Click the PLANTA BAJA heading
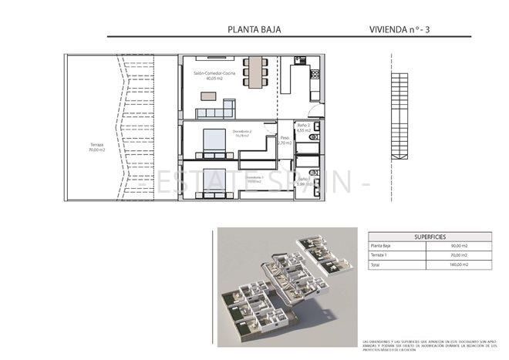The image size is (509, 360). click(254, 29)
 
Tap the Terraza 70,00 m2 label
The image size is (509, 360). click(96, 147)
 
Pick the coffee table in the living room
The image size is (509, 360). click(208, 96)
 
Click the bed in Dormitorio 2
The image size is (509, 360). click(211, 140)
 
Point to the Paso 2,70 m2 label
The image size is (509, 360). click(285, 141)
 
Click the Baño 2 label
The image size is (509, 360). click(303, 127)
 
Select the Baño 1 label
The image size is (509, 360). click(303, 180)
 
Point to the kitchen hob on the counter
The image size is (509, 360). click(315, 75)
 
